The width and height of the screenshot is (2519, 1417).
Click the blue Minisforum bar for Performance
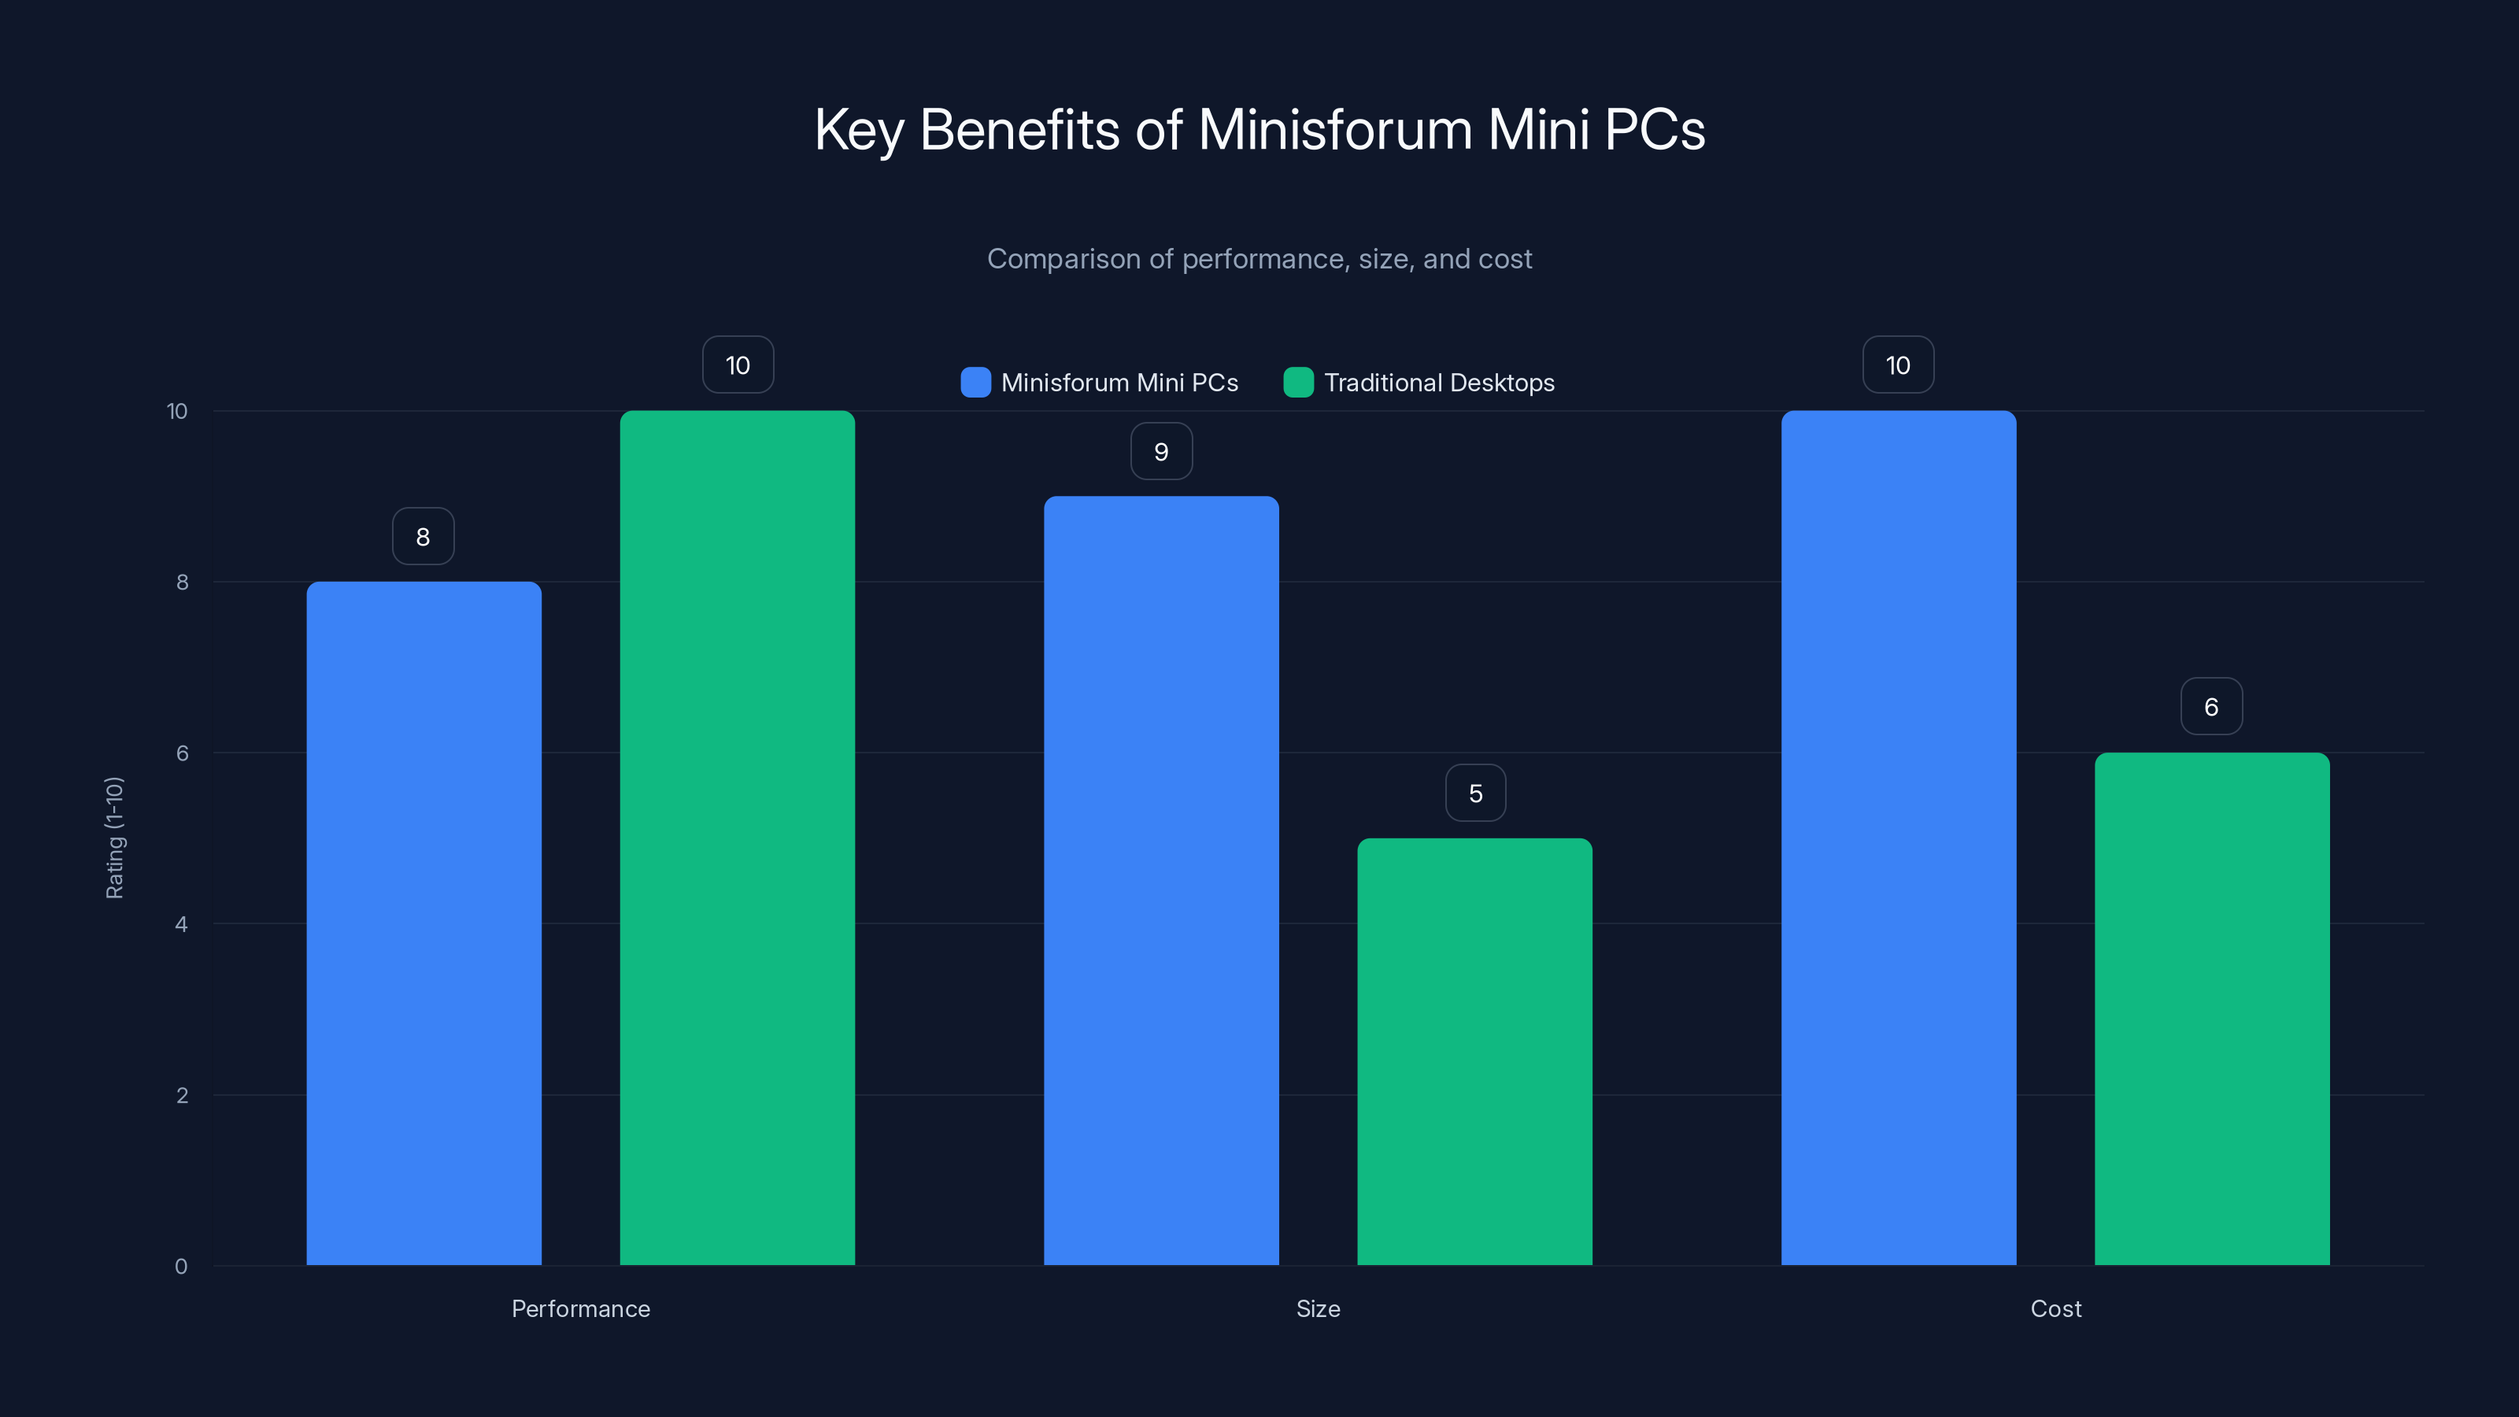pos(424,923)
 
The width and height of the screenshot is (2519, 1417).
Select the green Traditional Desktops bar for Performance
pos(738,838)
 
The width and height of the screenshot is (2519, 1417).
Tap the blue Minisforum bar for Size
pos(1161,880)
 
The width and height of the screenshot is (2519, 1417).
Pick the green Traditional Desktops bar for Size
pos(1474,1051)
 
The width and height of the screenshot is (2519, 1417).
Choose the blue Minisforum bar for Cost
pos(1898,838)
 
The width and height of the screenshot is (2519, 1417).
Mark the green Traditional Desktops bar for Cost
pos(2212,1008)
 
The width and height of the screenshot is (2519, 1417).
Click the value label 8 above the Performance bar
pos(424,536)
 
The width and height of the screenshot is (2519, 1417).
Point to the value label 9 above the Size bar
pos(1161,451)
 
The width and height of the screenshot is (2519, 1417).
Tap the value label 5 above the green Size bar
pos(1476,793)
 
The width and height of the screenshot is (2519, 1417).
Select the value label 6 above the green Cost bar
pos(2211,706)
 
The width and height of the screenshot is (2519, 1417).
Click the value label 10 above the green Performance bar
pos(738,364)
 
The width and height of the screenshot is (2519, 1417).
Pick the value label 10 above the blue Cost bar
pos(1898,364)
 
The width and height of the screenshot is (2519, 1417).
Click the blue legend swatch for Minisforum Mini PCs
pos(975,383)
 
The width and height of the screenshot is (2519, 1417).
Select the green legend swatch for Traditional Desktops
pos(1297,383)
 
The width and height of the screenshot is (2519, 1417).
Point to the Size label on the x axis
pos(1317,1308)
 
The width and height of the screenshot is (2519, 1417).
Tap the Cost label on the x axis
pos(2055,1308)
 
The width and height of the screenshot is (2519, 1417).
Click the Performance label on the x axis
pos(580,1308)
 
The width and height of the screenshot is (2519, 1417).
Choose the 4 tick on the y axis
pos(181,924)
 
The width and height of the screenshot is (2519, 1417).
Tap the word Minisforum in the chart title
pos(1335,129)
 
